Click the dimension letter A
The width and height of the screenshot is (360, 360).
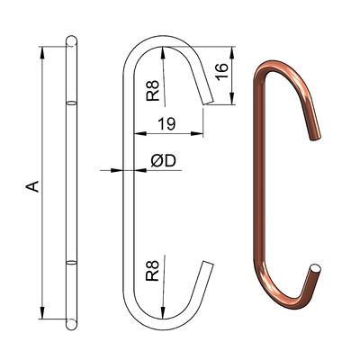(x=32, y=186)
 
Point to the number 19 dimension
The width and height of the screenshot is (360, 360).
(x=166, y=122)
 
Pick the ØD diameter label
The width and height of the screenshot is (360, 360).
(x=163, y=160)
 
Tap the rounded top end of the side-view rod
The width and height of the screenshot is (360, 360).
(x=71, y=40)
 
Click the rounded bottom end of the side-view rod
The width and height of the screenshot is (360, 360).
(x=71, y=322)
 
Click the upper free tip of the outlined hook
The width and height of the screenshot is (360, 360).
(x=209, y=102)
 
